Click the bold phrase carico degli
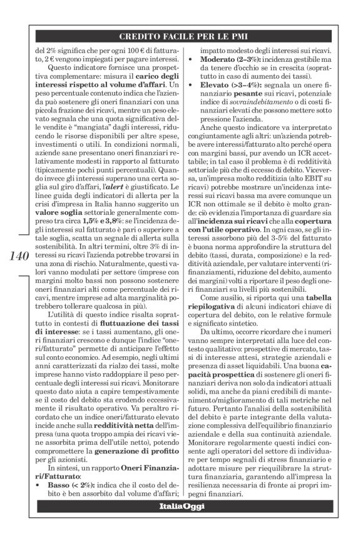click(x=141, y=76)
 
